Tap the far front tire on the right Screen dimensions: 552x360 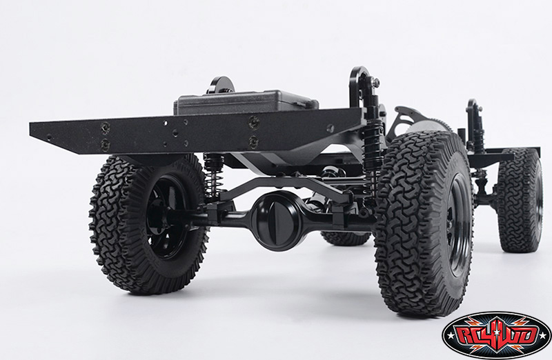click(x=520, y=201)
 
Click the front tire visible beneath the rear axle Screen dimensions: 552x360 click(x=346, y=238)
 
